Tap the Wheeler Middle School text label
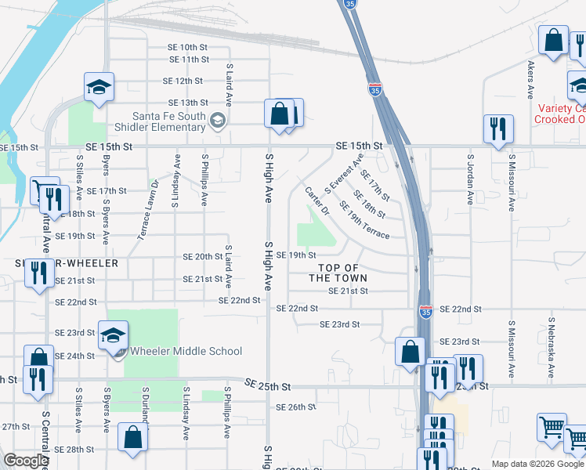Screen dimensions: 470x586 coord(186,352)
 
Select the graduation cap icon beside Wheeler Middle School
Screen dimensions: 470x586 coord(113,335)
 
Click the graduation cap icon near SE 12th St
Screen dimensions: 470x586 coord(99,87)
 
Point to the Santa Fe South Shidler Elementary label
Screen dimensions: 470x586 coord(168,122)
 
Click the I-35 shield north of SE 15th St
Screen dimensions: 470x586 coord(376,87)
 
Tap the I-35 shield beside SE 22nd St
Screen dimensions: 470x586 coord(425,311)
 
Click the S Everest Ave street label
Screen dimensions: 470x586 coord(343,176)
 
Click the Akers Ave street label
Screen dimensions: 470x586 coord(531,78)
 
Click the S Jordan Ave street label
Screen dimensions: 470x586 coord(470,179)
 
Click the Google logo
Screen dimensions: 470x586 coord(26,461)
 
